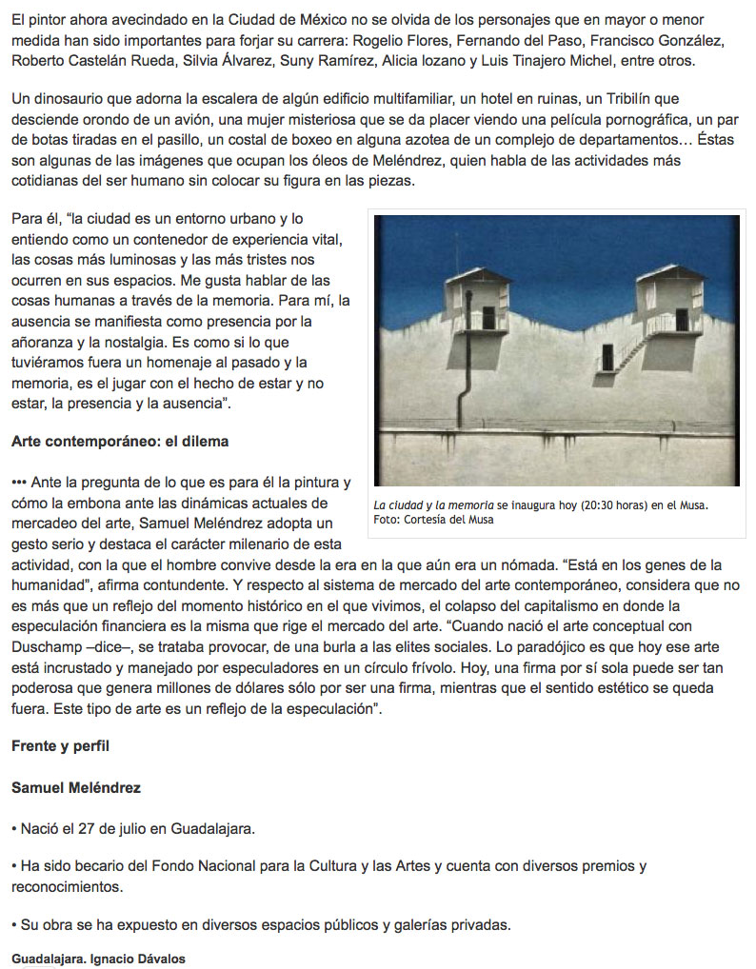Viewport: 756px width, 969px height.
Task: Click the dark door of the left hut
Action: (488, 316)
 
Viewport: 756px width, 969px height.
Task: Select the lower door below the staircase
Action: (607, 358)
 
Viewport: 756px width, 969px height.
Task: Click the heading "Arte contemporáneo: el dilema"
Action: (120, 442)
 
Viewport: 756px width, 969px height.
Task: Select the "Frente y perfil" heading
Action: (60, 745)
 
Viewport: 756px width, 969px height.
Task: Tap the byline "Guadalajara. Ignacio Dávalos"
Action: (98, 959)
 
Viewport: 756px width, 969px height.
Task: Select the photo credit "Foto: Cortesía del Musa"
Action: (433, 520)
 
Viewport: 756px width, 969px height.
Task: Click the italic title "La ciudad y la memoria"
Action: (433, 504)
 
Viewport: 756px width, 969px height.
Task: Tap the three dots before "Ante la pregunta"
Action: (19, 483)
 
